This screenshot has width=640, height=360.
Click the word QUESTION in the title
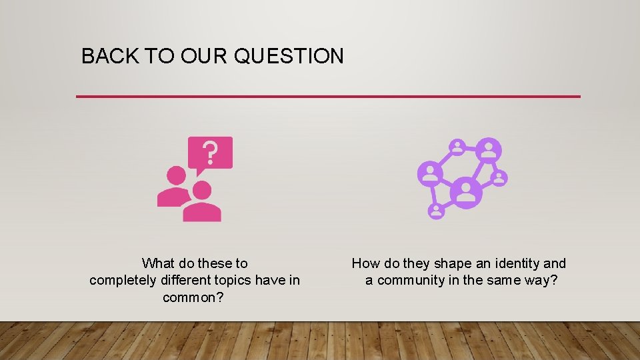pyautogui.click(x=289, y=57)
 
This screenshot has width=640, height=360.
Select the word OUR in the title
pyautogui.click(x=199, y=57)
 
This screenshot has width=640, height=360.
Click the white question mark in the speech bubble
pyautogui.click(x=210, y=153)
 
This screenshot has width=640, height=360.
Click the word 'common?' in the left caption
pyautogui.click(x=193, y=297)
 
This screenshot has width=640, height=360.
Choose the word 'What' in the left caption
pyautogui.click(x=158, y=263)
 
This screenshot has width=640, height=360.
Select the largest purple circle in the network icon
pyautogui.click(x=466, y=193)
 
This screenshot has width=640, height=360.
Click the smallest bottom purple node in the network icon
pyautogui.click(x=436, y=211)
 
